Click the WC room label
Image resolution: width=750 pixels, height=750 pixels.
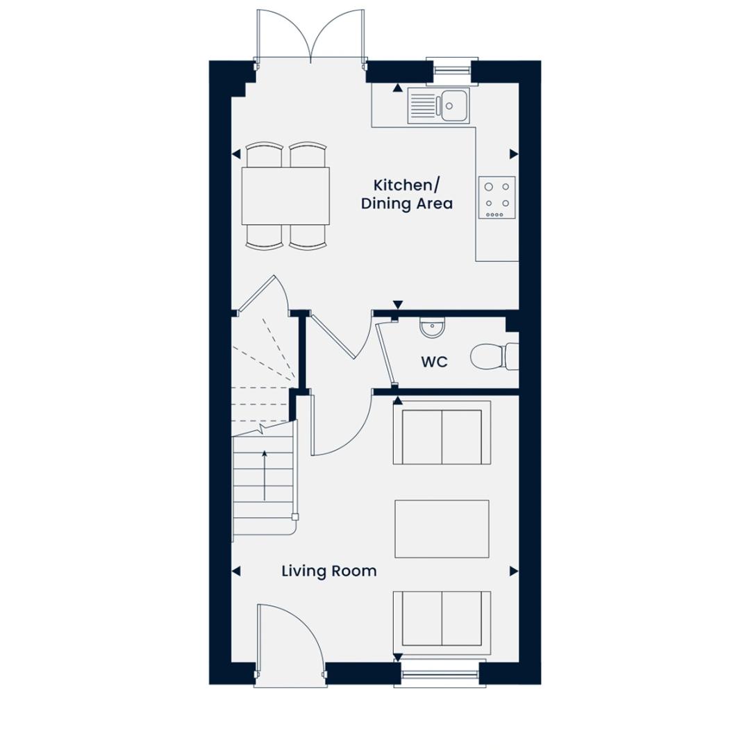[434, 362]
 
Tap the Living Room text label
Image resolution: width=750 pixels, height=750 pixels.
[329, 571]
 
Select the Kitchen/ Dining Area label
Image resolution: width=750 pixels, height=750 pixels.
[406, 194]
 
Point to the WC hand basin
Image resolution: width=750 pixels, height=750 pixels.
[433, 327]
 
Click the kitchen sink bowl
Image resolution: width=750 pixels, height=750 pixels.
[453, 106]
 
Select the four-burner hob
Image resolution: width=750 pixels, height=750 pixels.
[497, 197]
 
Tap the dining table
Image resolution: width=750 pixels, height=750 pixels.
[285, 196]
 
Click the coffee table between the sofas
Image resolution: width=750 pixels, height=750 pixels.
[442, 529]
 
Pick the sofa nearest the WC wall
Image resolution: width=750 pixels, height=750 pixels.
[442, 433]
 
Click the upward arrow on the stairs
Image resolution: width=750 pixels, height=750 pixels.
[265, 476]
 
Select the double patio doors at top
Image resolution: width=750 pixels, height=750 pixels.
[311, 36]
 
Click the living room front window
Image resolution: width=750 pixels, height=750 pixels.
[440, 674]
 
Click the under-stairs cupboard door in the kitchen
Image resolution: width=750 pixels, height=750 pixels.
[261, 294]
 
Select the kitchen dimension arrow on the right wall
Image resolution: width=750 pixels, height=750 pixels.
[514, 154]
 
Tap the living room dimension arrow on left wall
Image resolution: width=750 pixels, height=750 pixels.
[236, 571]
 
